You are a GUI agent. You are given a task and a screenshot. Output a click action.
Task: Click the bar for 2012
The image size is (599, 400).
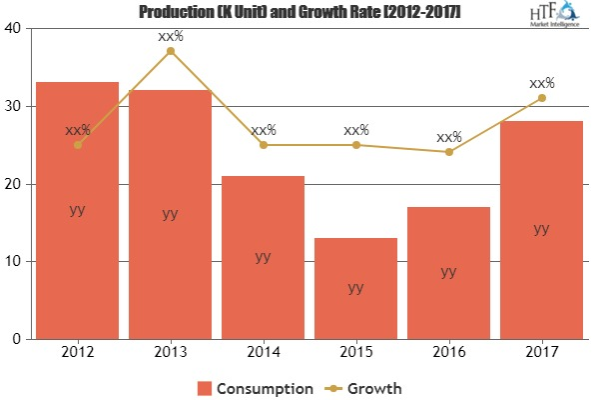pyautogui.click(x=77, y=250)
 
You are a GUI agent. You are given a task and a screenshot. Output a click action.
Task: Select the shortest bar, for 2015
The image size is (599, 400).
pyautogui.click(x=355, y=300)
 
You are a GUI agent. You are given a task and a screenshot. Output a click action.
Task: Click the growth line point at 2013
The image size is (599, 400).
pyautogui.click(x=170, y=51)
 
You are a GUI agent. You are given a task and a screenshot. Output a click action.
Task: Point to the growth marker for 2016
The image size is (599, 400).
pyautogui.click(x=448, y=152)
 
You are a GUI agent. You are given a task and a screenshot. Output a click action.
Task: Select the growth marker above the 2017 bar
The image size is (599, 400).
pyautogui.click(x=541, y=97)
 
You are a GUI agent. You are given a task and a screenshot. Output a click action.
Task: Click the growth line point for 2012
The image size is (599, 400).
pyautogui.click(x=77, y=144)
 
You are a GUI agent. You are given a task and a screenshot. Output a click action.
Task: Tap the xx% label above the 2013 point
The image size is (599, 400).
pyautogui.click(x=170, y=37)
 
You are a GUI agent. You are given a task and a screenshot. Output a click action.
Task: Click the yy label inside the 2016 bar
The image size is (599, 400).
pyautogui.click(x=448, y=271)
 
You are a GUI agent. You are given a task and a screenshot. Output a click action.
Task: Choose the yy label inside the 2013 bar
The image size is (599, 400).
pyautogui.click(x=170, y=213)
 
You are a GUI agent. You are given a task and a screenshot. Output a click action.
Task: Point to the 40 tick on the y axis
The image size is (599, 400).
pyautogui.click(x=14, y=29)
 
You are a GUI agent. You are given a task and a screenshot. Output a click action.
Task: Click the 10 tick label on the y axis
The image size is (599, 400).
pyautogui.click(x=14, y=262)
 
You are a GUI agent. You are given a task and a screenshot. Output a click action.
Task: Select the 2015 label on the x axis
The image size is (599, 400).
pyautogui.click(x=355, y=353)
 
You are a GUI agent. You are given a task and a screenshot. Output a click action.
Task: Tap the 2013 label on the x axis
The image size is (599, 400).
pyautogui.click(x=170, y=353)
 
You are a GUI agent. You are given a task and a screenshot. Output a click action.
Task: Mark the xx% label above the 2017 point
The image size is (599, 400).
pyautogui.click(x=541, y=83)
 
